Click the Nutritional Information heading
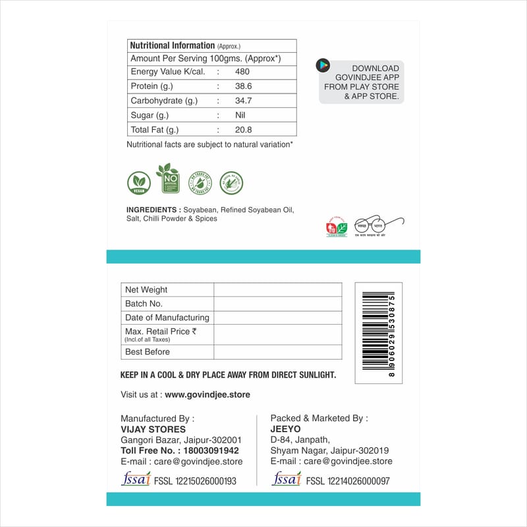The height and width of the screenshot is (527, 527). [172, 45]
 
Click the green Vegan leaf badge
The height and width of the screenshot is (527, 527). [138, 182]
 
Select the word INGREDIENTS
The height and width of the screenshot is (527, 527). [153, 210]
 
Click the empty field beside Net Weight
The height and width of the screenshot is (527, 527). [277, 290]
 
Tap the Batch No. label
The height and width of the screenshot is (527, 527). [144, 304]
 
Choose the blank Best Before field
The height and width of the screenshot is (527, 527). [277, 352]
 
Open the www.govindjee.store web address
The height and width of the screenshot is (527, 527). [207, 395]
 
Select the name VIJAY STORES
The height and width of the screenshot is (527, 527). [148, 430]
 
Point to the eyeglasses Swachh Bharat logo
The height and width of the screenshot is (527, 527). [379, 225]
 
